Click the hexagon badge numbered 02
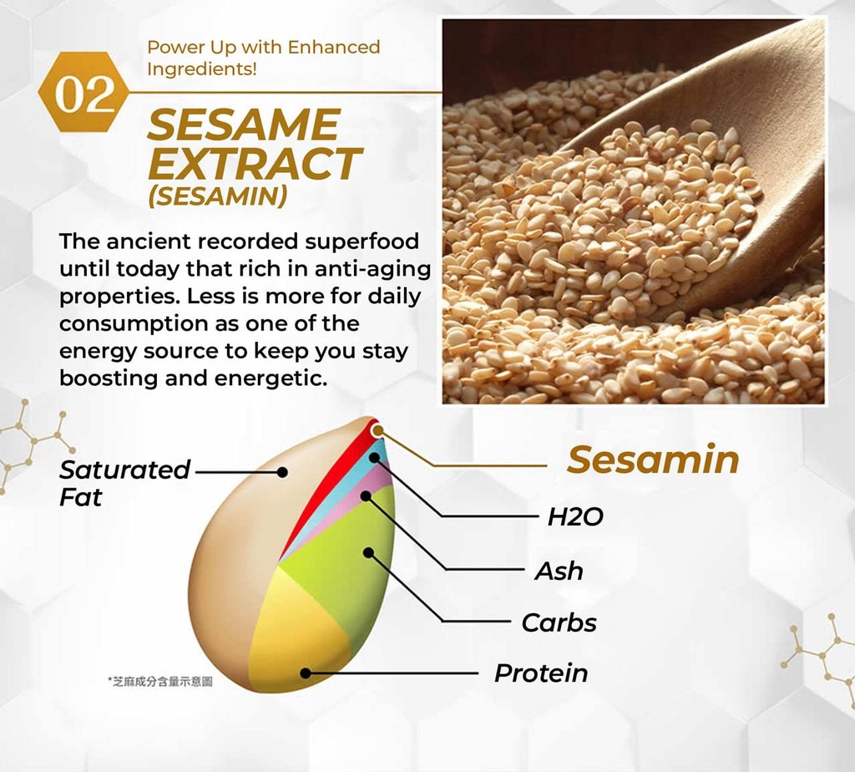(x=84, y=92)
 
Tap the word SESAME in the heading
(x=243, y=124)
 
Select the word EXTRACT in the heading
(x=254, y=163)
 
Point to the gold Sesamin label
(x=653, y=460)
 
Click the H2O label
(x=575, y=516)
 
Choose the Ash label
(x=559, y=571)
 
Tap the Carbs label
(x=559, y=622)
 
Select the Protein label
(x=541, y=673)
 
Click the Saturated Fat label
(x=124, y=483)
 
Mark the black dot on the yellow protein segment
(x=306, y=673)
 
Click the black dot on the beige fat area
(x=282, y=472)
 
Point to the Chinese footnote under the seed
(x=160, y=682)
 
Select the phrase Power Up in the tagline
(x=192, y=48)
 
